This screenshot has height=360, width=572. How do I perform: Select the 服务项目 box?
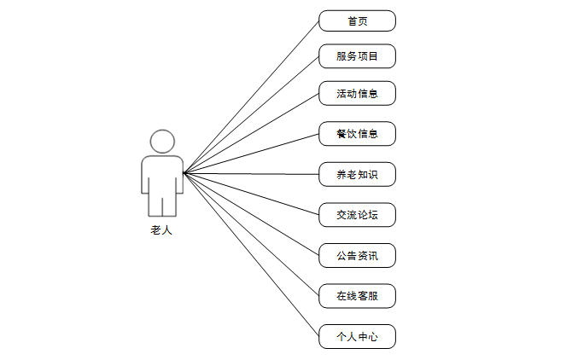tap(357, 57)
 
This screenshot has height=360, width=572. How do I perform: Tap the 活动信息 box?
tap(357, 93)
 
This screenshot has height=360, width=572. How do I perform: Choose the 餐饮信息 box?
tap(357, 134)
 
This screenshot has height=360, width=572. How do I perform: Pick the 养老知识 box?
tap(357, 175)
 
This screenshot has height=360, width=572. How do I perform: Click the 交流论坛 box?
tap(357, 215)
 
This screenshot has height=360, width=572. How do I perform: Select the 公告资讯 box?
tap(357, 255)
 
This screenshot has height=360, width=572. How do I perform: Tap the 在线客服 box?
tap(357, 296)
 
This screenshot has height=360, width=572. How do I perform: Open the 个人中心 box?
tap(357, 337)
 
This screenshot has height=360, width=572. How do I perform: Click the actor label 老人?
tap(161, 230)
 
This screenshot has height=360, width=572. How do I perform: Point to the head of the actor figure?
tap(162, 141)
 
